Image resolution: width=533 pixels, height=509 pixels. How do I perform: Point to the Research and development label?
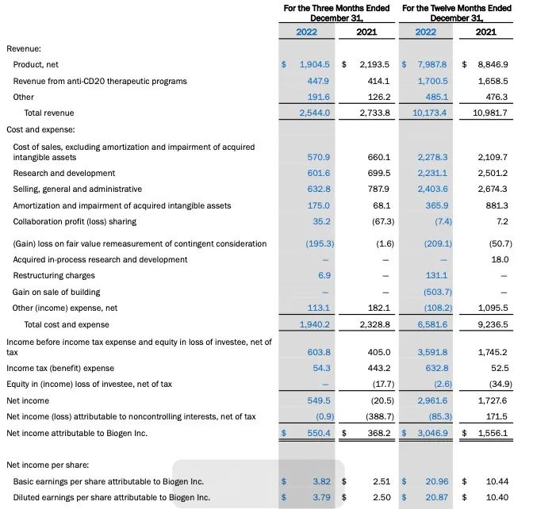coord(63,173)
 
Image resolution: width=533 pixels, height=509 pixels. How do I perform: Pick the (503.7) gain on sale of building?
coord(433,292)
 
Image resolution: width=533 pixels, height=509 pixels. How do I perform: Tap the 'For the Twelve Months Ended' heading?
coord(457,8)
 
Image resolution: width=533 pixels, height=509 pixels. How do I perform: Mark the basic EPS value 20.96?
coord(435,481)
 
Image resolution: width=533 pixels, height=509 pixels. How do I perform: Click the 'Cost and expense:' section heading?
coord(40,128)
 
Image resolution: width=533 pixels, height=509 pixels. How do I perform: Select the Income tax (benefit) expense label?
coord(60,368)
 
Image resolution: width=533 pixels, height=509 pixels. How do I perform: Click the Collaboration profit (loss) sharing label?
coord(75,222)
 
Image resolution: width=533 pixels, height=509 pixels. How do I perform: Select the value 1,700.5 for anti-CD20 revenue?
coord(432,81)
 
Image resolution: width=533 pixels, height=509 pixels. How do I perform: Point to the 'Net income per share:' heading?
coord(48,465)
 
